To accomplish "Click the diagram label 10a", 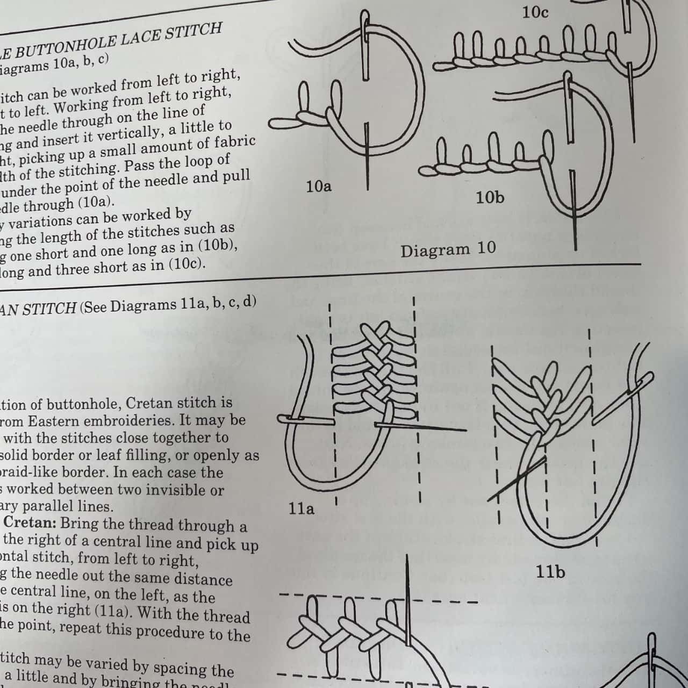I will pos(318,187).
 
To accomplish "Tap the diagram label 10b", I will pos(490,198).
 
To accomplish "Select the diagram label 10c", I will pos(535,12).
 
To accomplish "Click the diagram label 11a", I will pos(301,508).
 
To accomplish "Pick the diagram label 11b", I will pos(550,571).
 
